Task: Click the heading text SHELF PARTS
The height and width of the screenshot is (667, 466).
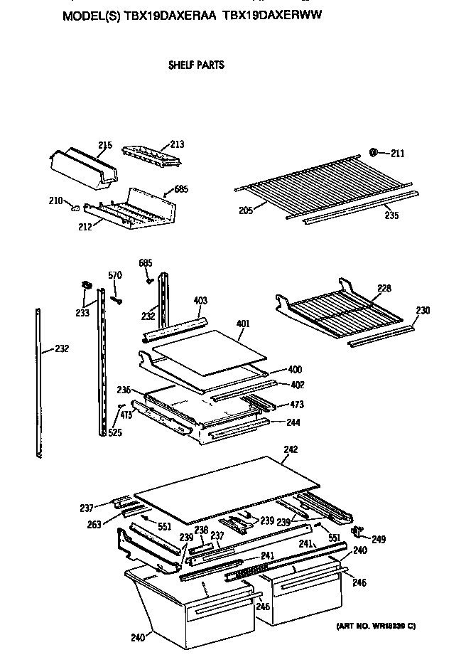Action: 195,65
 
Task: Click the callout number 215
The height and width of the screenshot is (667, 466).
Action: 104,146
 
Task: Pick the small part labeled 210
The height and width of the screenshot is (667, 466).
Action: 74,207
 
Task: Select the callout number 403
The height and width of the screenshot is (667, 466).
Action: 200,301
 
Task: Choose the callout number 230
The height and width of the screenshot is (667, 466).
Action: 423,311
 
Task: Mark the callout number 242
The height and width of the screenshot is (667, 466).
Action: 291,449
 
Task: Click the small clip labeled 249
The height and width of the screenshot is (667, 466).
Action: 358,530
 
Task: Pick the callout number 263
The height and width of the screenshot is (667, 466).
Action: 93,525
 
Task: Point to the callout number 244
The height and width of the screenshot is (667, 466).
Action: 293,422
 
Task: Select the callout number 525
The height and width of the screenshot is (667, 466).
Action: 114,432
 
